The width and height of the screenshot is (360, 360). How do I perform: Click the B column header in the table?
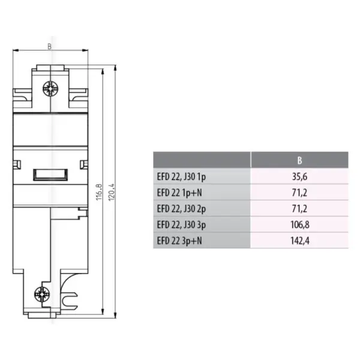[x=299, y=160]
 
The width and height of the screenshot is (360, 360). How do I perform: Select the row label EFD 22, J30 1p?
[x=181, y=177]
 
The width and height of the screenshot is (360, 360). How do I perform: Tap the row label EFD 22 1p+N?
[x=179, y=193]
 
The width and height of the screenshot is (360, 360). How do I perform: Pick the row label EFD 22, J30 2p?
[x=181, y=209]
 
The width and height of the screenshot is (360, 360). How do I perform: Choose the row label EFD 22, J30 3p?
[x=181, y=225]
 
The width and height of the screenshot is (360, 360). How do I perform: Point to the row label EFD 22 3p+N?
[x=179, y=241]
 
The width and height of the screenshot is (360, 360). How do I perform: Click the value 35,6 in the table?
[x=299, y=177]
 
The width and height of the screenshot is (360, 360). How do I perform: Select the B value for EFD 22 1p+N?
[x=299, y=193]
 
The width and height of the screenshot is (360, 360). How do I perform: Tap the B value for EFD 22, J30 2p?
[x=299, y=209]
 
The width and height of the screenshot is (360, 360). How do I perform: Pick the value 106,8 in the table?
[x=300, y=225]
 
